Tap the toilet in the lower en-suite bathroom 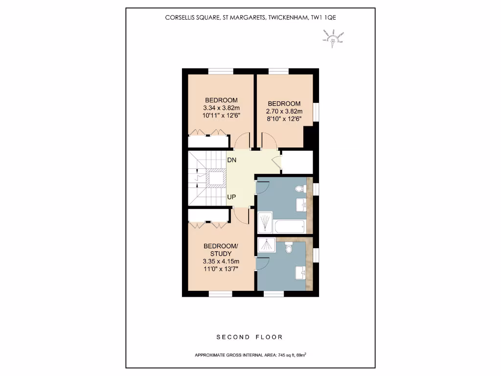[x=289, y=248]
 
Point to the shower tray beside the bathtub [x=265, y=223]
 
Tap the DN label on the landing [x=232, y=160]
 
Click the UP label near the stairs [x=232, y=197]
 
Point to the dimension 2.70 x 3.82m [x=284, y=111]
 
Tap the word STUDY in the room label [x=221, y=253]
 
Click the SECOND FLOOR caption [x=250, y=337]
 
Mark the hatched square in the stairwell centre [x=215, y=178]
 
